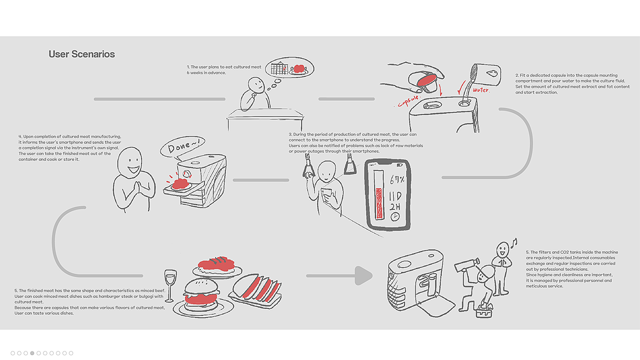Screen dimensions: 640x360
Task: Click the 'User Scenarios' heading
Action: [82, 54]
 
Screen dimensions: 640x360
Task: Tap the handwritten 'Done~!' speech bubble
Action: [183, 147]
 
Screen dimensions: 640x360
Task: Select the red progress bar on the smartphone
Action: [379, 203]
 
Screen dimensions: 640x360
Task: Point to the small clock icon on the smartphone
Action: [395, 217]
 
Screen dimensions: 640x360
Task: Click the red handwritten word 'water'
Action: [481, 90]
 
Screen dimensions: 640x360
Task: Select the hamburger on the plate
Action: [202, 295]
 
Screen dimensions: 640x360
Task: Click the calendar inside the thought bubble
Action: [279, 69]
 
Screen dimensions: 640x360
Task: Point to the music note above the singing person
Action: [514, 243]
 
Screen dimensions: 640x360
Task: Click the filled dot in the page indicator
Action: [32, 353]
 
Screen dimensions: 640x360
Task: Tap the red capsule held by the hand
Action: [427, 80]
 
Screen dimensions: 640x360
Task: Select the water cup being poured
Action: [485, 75]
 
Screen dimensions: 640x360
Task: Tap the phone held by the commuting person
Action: [326, 194]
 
